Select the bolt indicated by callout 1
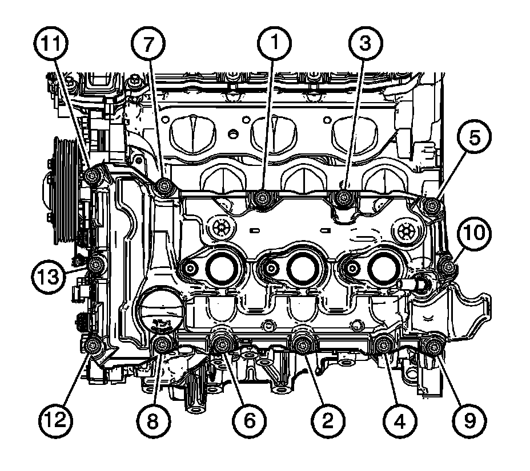[x=263, y=198]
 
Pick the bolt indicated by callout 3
[x=344, y=198]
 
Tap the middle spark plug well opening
[x=302, y=266]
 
